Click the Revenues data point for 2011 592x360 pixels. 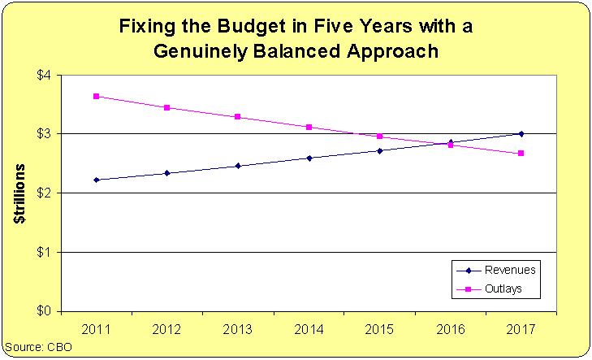[97, 180]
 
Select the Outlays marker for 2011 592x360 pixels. [97, 96]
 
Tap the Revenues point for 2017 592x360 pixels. [521, 133]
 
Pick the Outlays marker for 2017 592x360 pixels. [521, 153]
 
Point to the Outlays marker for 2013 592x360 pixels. [238, 117]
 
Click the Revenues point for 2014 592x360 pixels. [309, 158]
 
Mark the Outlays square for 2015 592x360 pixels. [379, 136]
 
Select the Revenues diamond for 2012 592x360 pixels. [167, 172]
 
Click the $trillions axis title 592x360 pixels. [22, 195]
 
